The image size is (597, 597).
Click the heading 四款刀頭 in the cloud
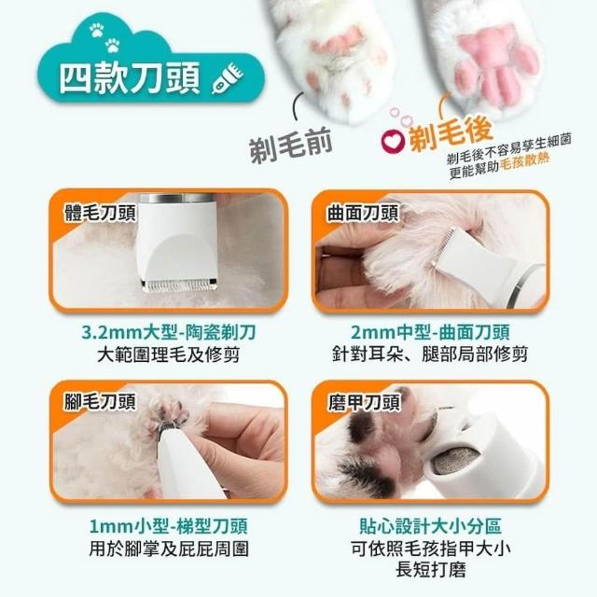click(x=130, y=78)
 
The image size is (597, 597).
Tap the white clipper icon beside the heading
click(x=228, y=79)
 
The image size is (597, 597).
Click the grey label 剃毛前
click(x=290, y=146)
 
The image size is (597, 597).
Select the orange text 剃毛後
click(x=451, y=132)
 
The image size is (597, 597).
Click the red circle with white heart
click(x=392, y=141)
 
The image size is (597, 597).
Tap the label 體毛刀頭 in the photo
click(x=100, y=213)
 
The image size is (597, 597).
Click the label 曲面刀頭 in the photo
click(x=363, y=213)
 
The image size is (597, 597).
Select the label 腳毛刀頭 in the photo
click(x=100, y=401)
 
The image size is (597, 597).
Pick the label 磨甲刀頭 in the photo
click(x=364, y=402)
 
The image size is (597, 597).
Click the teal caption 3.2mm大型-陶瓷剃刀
click(x=169, y=332)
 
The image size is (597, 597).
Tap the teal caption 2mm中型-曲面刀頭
click(x=430, y=332)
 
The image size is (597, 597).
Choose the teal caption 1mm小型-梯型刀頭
click(x=169, y=526)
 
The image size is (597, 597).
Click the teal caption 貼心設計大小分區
click(x=431, y=526)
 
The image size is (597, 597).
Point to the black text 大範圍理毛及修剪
click(x=169, y=354)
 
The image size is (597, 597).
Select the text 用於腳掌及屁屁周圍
click(x=169, y=548)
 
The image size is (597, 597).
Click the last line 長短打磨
click(x=431, y=570)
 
